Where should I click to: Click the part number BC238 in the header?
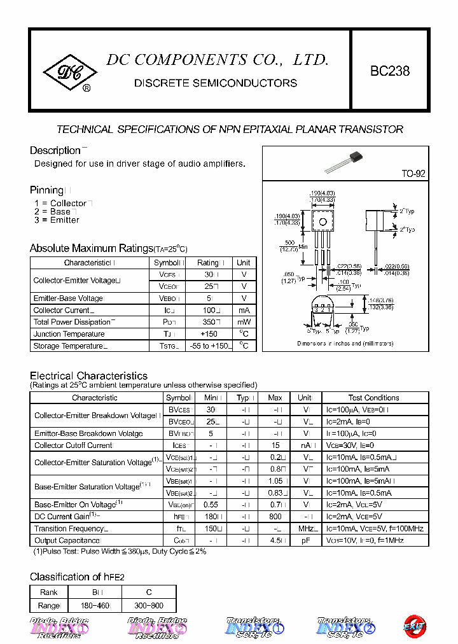[x=390, y=71]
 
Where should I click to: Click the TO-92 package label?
[x=413, y=174]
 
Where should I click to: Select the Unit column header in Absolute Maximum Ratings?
[x=244, y=263]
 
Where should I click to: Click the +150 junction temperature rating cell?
[x=209, y=334]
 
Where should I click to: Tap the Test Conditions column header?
[x=373, y=398]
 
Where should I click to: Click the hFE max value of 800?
[x=275, y=516]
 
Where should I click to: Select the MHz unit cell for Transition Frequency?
[x=308, y=528]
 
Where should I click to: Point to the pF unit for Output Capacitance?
[x=306, y=540]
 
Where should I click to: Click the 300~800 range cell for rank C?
[x=149, y=606]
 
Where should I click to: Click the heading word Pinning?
[x=46, y=190]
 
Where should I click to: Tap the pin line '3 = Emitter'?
[x=57, y=220]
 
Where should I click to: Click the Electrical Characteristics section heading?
[x=88, y=376]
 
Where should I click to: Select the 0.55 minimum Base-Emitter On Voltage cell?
[x=211, y=504]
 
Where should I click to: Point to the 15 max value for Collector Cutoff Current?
[x=275, y=445]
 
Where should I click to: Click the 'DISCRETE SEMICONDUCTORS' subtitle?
[x=216, y=83]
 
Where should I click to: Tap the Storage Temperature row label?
[x=69, y=346]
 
